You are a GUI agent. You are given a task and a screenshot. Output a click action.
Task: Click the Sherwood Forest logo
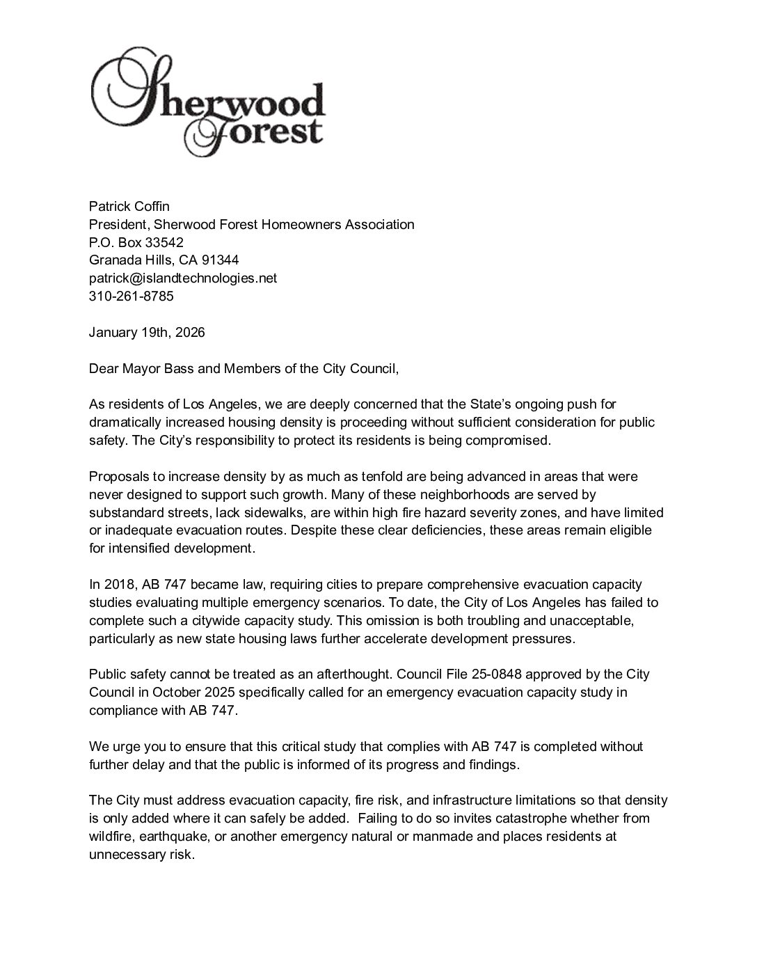207,103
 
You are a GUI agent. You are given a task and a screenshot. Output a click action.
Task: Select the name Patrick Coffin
129,206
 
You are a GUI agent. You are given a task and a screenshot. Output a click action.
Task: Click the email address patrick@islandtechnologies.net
182,278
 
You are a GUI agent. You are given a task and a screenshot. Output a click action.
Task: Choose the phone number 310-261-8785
131,297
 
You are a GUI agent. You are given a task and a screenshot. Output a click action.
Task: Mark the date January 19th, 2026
147,333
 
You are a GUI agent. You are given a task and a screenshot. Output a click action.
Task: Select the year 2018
119,584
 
